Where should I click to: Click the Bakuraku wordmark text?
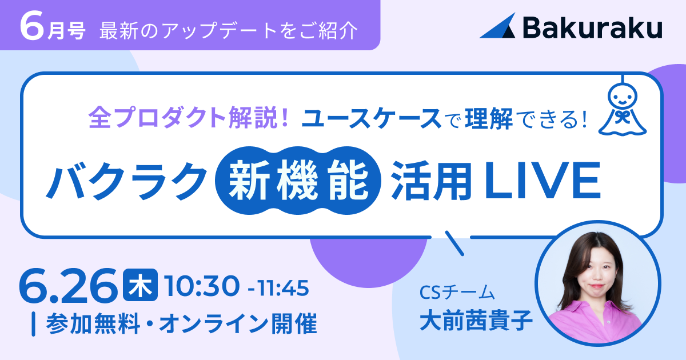pos(593,27)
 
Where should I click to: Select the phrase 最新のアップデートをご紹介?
pos(229,31)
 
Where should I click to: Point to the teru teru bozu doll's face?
pos(623,97)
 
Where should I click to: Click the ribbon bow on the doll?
pos(622,117)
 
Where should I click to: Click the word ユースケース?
pos(371,118)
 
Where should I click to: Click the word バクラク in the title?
pos(126,181)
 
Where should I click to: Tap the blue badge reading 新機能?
pos(298,181)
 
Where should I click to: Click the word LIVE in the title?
pos(543,181)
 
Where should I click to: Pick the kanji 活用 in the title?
pos(432,181)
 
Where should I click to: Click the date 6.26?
pos(69,286)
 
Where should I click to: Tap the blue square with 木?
pos(140,285)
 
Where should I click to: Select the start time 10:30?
pos(202,286)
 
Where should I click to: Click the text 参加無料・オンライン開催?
pos(181,323)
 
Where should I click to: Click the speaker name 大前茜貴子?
pos(476,320)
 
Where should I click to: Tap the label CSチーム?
pos(457,293)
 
